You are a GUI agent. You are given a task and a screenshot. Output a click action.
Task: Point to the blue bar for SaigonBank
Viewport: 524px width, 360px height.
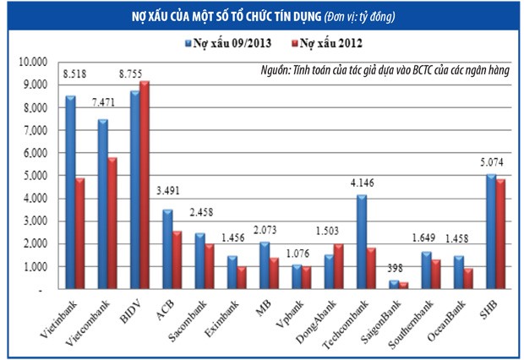tap(393, 285)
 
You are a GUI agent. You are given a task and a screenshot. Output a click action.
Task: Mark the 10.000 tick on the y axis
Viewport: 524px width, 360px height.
tap(33, 62)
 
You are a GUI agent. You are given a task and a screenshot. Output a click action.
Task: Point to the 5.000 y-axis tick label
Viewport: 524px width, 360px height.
tap(35, 176)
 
